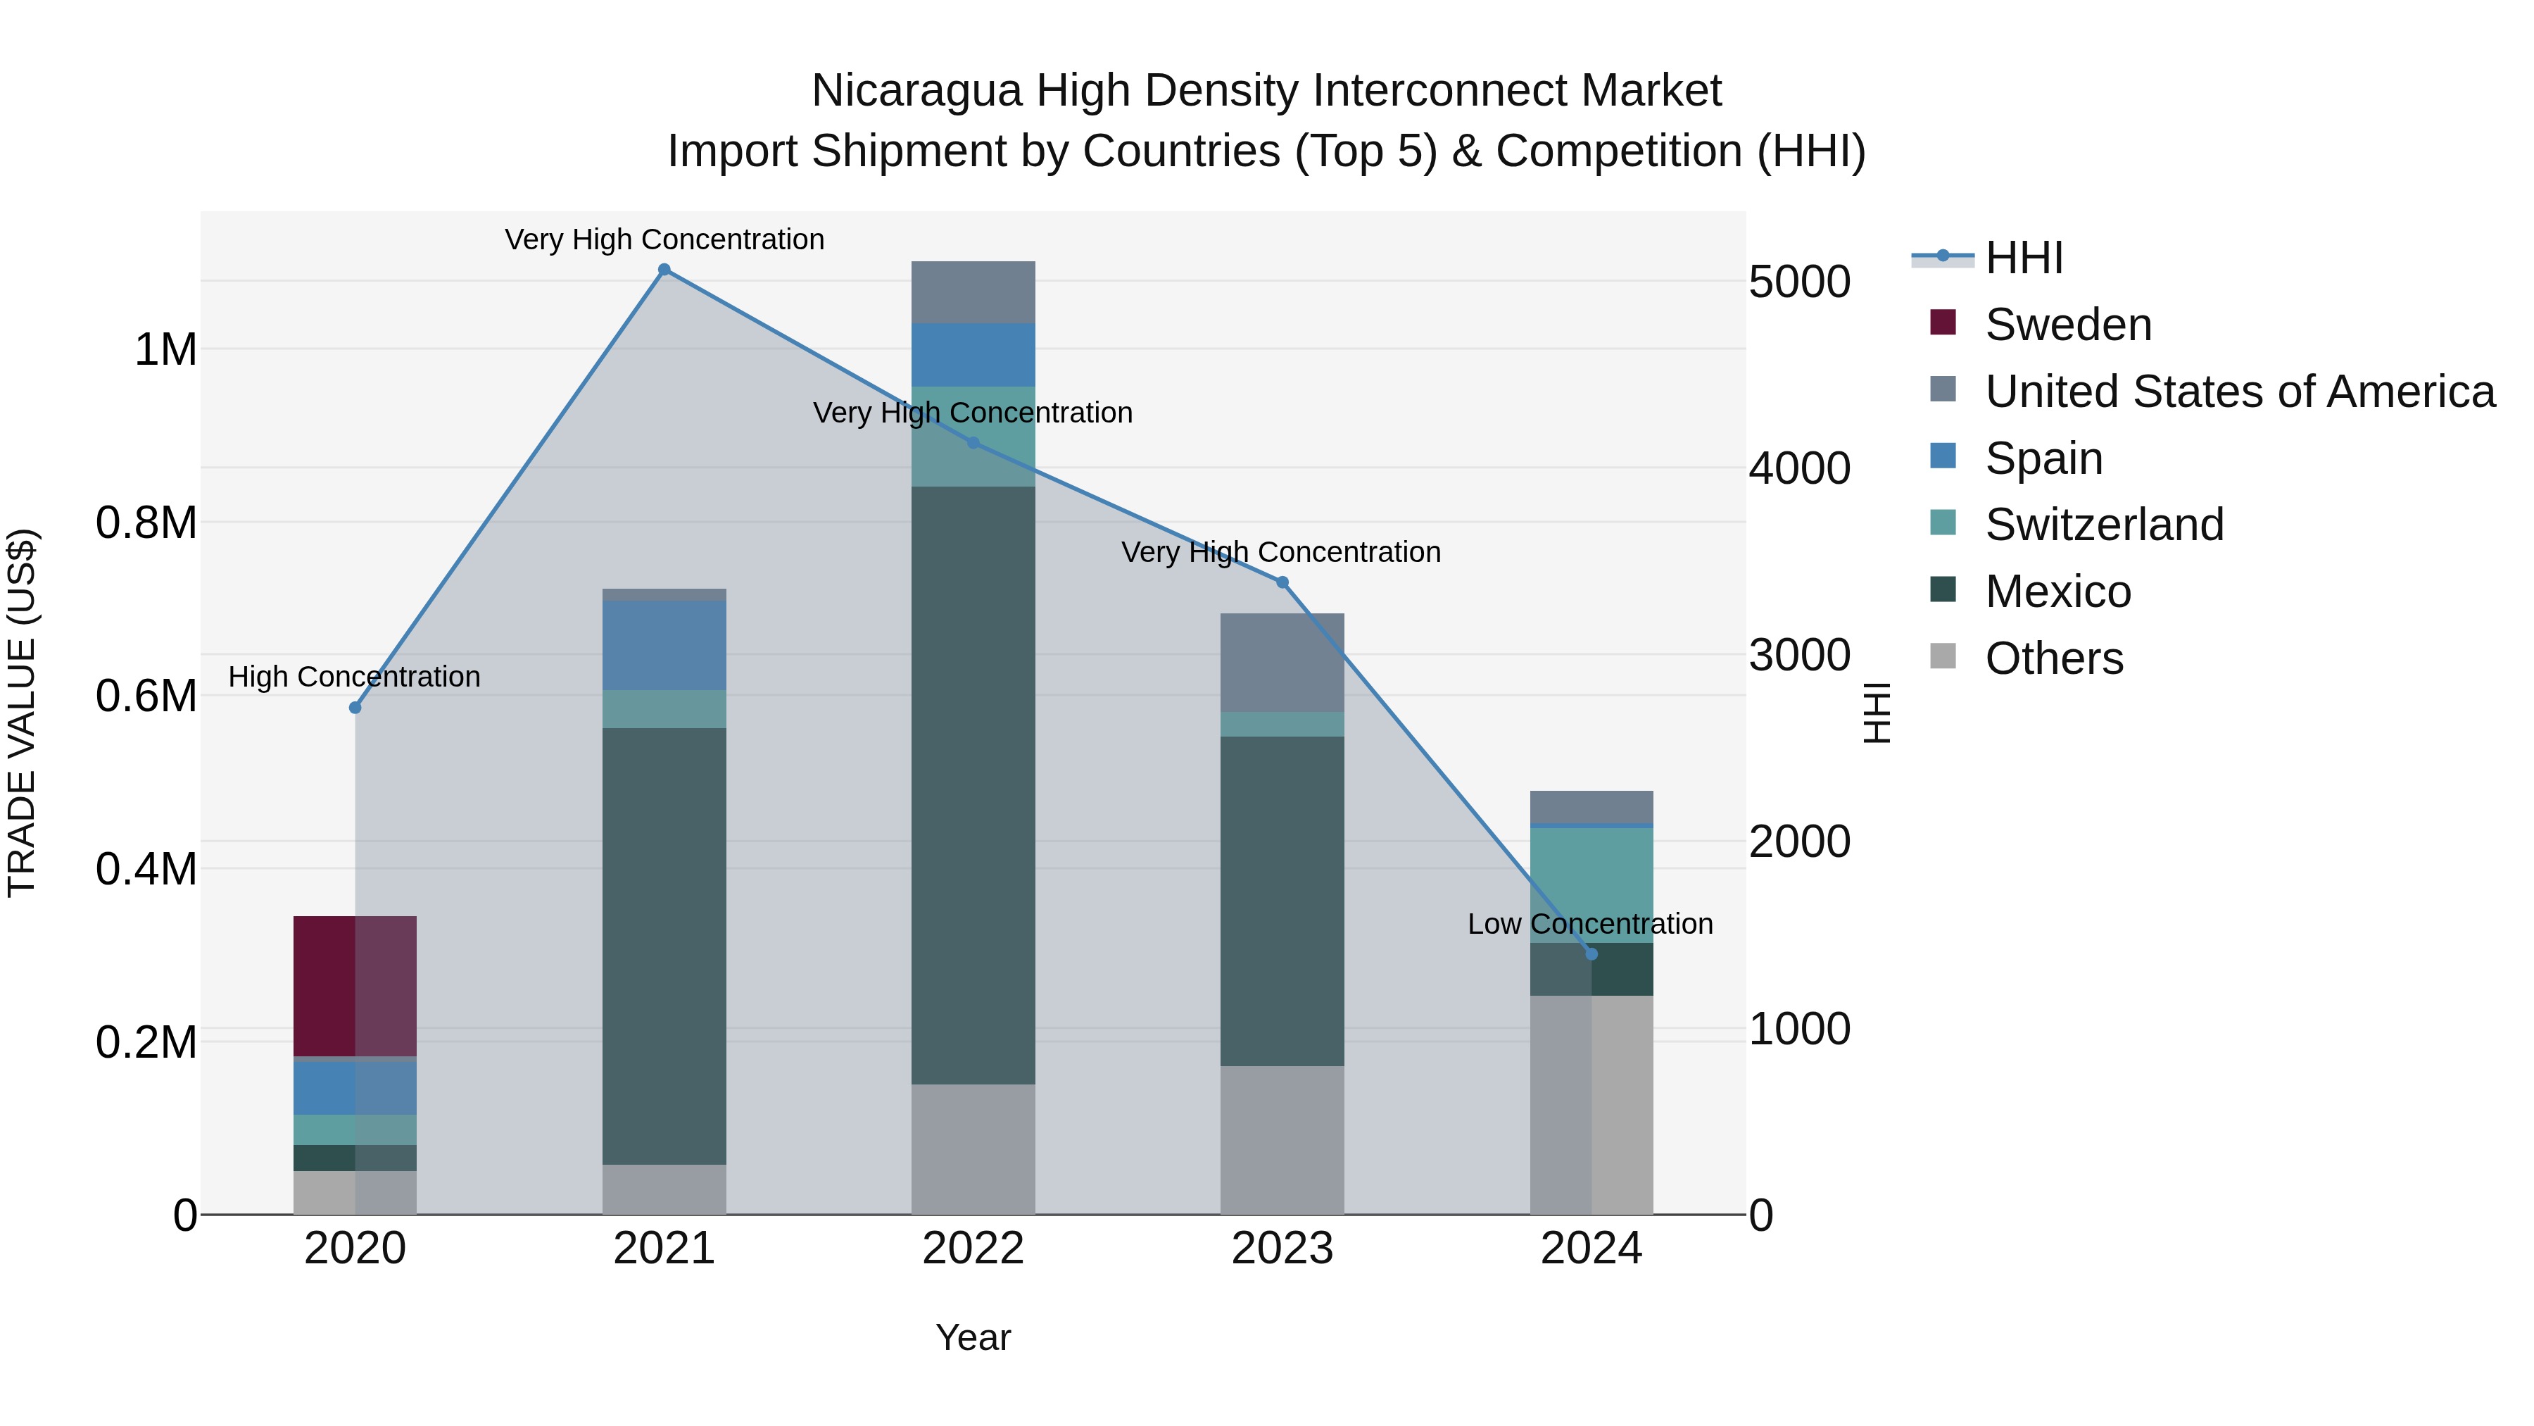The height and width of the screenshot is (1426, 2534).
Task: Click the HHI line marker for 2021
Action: pos(664,270)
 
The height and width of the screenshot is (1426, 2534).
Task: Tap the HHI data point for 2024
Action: pos(1591,953)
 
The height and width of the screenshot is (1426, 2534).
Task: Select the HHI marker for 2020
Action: pos(355,708)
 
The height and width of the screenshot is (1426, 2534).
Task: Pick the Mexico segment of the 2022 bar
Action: pos(973,784)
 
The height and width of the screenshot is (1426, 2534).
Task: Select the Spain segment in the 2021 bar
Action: pos(664,646)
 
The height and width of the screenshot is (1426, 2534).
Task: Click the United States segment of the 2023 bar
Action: pos(1282,663)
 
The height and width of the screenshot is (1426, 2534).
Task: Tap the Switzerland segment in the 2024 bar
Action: pos(1591,884)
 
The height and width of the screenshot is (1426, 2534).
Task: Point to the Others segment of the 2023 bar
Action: pos(1282,1139)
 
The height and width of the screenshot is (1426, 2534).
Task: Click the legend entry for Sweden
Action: pos(2068,325)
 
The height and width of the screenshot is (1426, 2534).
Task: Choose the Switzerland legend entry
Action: pos(2103,525)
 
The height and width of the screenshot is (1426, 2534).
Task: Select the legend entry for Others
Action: pos(2054,658)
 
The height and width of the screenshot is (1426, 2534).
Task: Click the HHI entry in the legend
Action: pos(2024,258)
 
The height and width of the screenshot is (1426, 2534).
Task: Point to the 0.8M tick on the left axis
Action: pos(146,523)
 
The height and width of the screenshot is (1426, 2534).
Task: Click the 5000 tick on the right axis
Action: pos(1799,282)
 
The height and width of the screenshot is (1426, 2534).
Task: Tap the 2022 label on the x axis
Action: pos(973,1249)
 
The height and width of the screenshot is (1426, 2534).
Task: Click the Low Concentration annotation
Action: pos(1589,924)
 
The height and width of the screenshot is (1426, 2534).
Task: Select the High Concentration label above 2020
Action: pos(354,677)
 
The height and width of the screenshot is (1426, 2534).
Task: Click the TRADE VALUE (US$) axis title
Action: pos(22,713)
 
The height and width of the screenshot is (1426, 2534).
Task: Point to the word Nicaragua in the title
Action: pos(916,91)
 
